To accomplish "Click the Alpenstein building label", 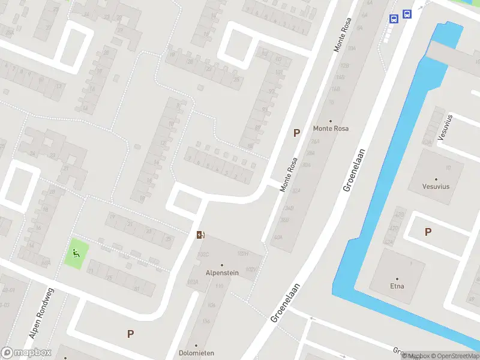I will click(221, 272).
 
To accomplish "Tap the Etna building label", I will click(397, 286).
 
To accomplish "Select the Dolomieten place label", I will click(196, 353).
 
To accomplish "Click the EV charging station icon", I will click(200, 235).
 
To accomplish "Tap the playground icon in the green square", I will click(76, 254).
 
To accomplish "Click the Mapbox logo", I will click(26, 353).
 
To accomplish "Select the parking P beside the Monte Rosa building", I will click(296, 133).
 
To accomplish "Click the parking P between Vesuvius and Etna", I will click(428, 232).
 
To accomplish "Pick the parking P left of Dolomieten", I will click(130, 334).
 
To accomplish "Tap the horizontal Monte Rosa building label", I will click(331, 128).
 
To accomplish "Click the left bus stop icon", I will click(394, 19).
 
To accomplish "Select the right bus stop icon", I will click(407, 14).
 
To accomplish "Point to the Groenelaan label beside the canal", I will click(355, 170).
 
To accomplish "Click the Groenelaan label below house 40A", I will click(284, 303).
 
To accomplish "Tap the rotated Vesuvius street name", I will click(445, 127).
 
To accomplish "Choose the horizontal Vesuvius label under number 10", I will click(436, 187).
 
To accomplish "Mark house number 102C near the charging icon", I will click(203, 254).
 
